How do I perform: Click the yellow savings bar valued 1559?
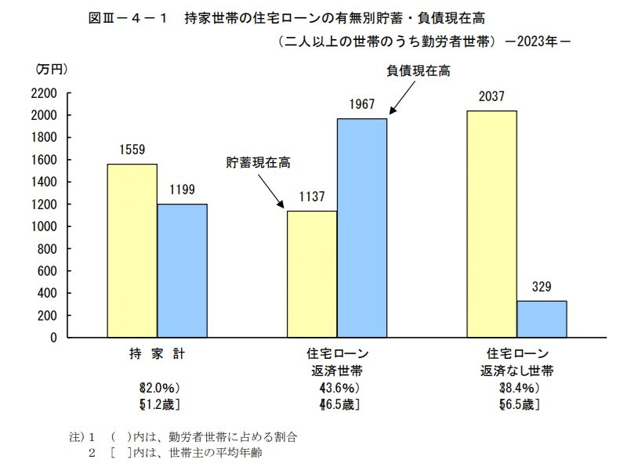[132, 251]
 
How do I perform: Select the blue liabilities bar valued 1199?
[182, 270]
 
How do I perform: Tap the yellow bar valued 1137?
[312, 274]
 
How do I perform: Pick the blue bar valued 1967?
[362, 228]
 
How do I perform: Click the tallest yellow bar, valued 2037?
[491, 224]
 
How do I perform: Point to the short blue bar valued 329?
[542, 319]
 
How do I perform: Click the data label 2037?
[491, 97]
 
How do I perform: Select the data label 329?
[542, 288]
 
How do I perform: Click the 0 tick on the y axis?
[54, 338]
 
